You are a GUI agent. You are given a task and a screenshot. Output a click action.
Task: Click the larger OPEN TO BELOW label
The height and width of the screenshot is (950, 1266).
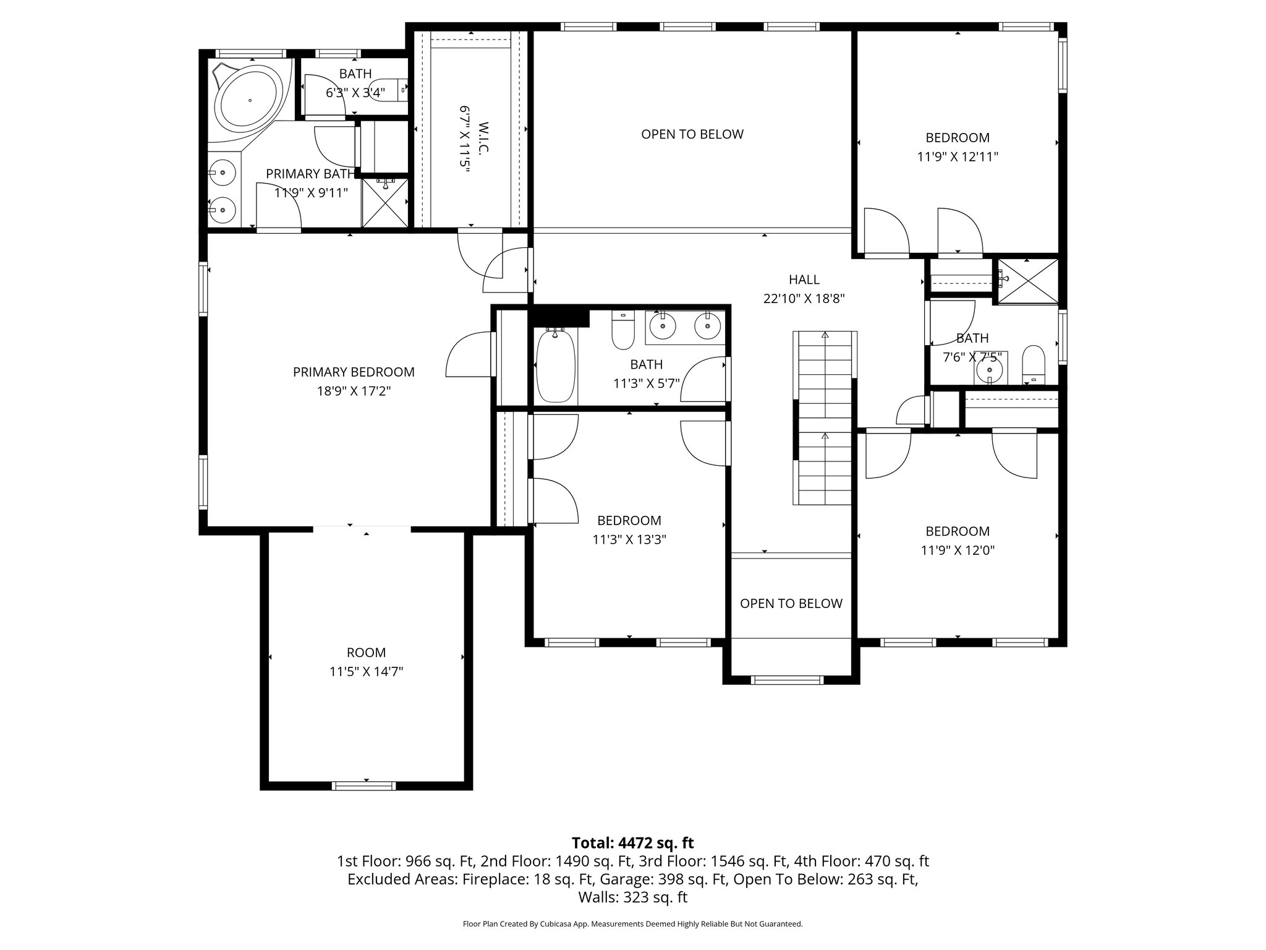pos(692,134)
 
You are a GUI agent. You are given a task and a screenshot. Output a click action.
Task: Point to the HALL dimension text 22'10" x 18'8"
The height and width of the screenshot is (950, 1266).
pos(804,299)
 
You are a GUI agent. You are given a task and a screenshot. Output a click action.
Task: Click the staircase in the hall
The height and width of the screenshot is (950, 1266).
pos(825,418)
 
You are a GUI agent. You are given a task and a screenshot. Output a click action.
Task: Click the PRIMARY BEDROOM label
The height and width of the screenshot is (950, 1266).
pos(354,372)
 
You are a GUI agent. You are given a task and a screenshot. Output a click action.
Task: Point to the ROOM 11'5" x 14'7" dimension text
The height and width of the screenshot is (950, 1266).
pos(366,672)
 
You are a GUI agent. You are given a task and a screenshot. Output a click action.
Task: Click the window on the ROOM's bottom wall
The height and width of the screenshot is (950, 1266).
pos(363,785)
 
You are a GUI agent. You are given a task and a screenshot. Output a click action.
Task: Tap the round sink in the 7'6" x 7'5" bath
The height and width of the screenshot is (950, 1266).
pos(990,369)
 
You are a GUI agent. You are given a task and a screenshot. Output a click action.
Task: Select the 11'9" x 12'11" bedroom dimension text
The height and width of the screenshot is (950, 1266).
pos(957,157)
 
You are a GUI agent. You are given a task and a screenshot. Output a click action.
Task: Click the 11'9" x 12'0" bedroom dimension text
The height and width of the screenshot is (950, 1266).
pos(957,550)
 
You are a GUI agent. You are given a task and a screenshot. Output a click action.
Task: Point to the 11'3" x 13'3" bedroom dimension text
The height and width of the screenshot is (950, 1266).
pos(629,540)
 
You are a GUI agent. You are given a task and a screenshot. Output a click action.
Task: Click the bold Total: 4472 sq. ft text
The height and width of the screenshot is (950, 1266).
pos(632,843)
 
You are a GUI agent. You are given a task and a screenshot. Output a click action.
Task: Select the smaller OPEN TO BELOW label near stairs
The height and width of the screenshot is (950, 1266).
pos(791,604)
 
